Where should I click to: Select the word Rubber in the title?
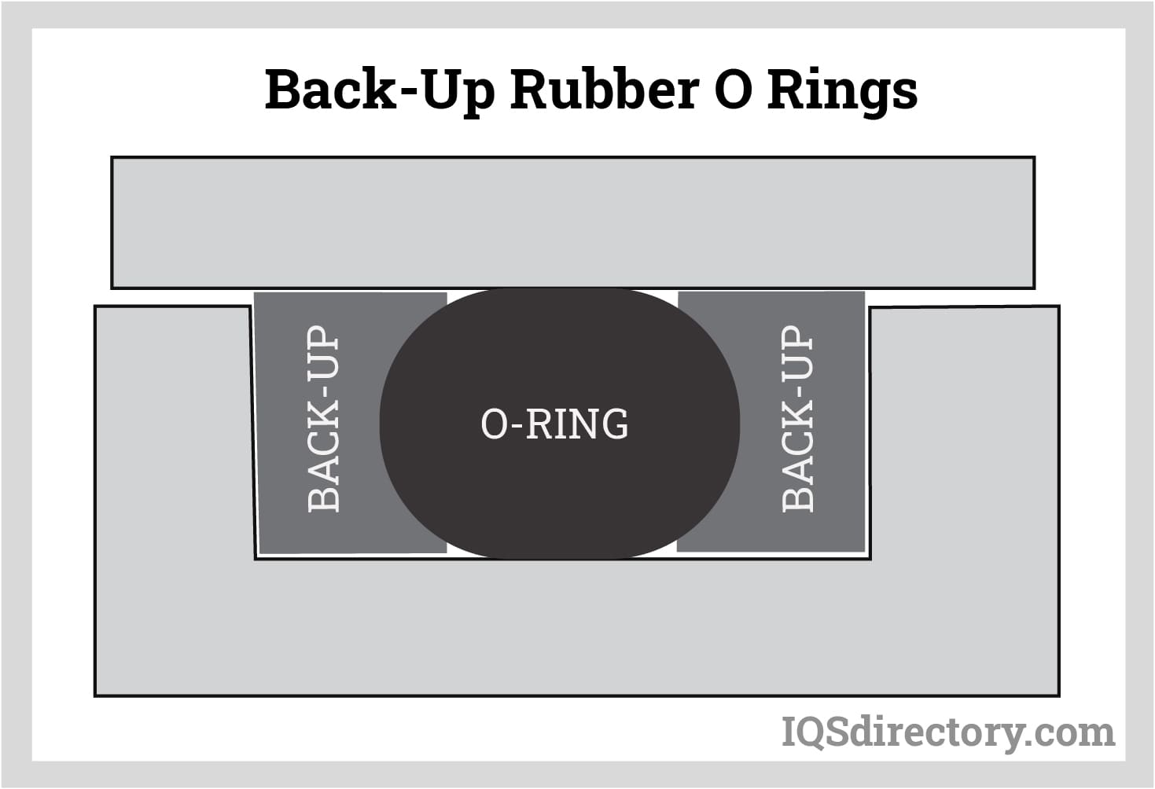click(x=604, y=90)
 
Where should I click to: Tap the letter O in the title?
click(x=731, y=90)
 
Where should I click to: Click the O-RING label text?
click(x=554, y=424)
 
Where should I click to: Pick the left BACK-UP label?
click(x=324, y=419)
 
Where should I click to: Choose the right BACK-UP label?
click(x=797, y=419)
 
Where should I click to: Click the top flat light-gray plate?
click(x=572, y=222)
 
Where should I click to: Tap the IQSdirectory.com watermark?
click(x=947, y=732)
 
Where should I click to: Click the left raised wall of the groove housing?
click(x=173, y=432)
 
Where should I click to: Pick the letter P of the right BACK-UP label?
click(x=797, y=339)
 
